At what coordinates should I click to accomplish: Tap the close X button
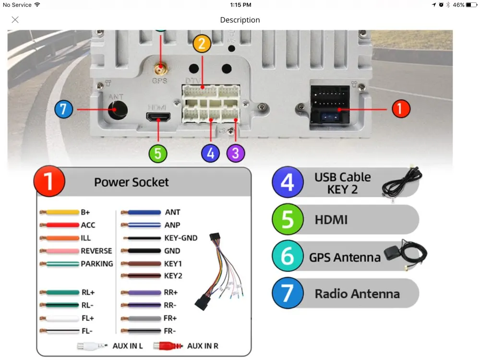point(15,20)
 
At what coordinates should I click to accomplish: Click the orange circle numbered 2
point(202,44)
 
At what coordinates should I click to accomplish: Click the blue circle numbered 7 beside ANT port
point(63,109)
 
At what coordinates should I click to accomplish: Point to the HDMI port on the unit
point(158,117)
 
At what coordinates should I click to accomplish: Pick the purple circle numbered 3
point(235,153)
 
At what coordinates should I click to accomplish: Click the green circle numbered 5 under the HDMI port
point(158,154)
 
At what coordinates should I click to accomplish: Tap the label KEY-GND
point(180,238)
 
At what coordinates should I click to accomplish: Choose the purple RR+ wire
point(141,292)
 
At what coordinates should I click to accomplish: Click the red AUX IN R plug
point(168,346)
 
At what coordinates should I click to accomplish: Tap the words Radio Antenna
point(357,294)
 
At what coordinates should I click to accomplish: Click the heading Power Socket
point(132,182)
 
